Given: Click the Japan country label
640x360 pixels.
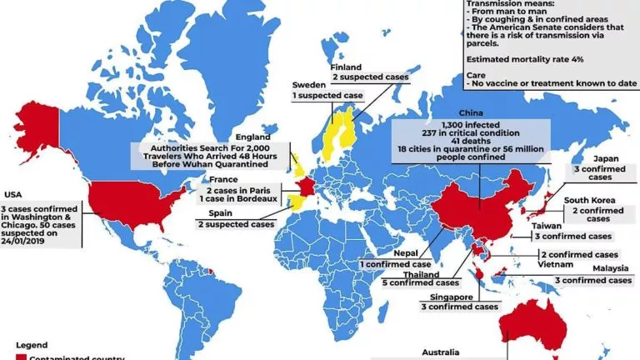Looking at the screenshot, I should pos(582,158).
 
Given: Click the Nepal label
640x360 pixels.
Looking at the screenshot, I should pos(387,252).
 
